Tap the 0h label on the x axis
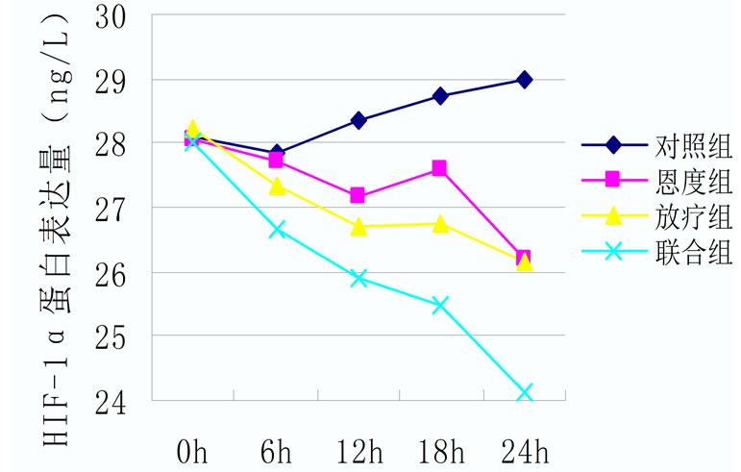(193, 450)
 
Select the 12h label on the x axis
(358, 450)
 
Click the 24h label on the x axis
(524, 450)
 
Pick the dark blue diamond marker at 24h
(524, 80)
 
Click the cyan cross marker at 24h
(524, 392)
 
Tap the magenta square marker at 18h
(439, 168)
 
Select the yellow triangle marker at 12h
(358, 227)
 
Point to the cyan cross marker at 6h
(277, 230)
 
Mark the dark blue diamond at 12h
(358, 120)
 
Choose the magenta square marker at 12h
(358, 196)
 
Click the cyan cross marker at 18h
(440, 306)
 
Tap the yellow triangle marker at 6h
(277, 186)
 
